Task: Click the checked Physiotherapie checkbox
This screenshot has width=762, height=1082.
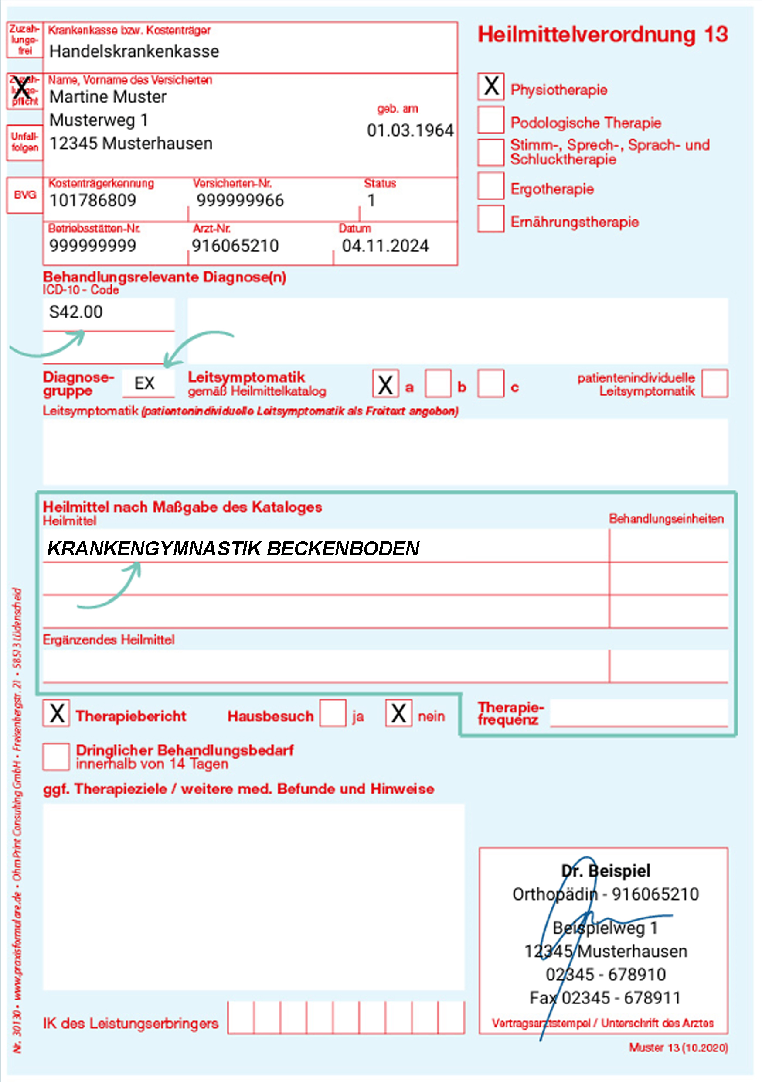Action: [491, 87]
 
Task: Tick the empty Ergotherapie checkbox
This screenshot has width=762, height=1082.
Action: [491, 186]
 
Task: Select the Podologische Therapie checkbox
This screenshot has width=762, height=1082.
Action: [491, 120]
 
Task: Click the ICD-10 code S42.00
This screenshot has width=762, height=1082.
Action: [76, 312]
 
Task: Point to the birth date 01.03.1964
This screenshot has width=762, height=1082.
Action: [410, 130]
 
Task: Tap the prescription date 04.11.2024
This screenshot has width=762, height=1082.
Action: [385, 246]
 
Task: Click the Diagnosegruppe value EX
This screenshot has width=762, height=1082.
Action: [144, 383]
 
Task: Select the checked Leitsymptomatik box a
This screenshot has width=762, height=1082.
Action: [385, 383]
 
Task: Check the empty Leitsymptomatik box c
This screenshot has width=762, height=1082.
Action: [491, 383]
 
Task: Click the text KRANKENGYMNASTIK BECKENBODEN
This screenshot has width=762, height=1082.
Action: [233, 548]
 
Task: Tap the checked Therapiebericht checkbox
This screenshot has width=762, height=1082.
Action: [57, 713]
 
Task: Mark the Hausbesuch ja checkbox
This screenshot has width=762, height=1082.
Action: [333, 713]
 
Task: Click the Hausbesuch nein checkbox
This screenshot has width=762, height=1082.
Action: [398, 713]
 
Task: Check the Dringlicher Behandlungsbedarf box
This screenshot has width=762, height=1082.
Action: [57, 757]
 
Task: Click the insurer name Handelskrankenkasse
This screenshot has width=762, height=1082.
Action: [134, 51]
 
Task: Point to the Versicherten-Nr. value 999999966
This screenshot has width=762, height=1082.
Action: [240, 201]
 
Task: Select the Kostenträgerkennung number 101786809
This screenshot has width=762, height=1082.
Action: [93, 201]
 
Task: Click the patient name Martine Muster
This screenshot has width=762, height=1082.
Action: [108, 97]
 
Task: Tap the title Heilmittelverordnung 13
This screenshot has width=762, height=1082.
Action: [603, 34]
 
